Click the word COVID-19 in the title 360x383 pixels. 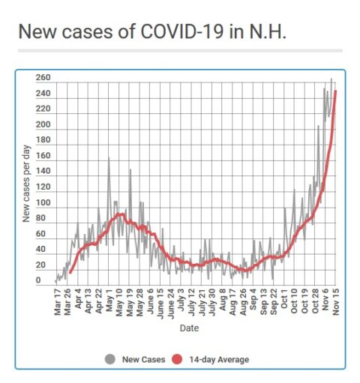181,31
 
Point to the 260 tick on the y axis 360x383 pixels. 43,78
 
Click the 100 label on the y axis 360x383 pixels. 43,202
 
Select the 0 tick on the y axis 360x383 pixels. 38,280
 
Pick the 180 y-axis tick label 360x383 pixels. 43,140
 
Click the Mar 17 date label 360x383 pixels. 57,302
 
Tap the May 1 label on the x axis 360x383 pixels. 109,301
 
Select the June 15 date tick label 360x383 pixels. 160,304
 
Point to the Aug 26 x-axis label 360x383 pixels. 243,302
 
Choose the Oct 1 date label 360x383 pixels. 284,300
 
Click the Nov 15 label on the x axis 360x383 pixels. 336,302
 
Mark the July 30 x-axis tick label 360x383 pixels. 212,303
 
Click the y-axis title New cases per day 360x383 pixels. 26,184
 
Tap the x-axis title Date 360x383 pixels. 189,328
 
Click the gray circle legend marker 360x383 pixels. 110,359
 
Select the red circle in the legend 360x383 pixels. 177,359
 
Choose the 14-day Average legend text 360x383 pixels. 219,360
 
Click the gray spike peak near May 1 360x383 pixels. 109,157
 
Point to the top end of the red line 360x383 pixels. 335,91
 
